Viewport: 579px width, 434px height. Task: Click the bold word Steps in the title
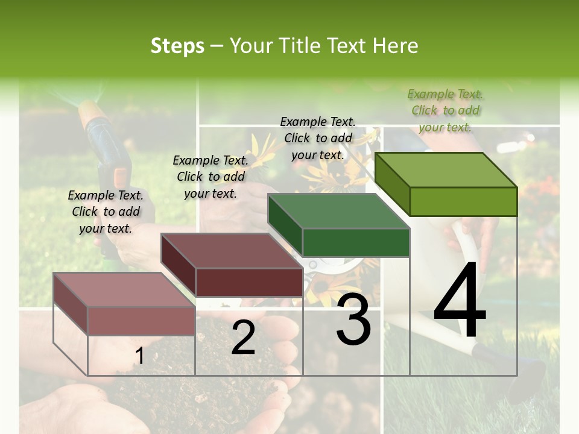click(177, 46)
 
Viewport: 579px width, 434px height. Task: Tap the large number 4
click(460, 303)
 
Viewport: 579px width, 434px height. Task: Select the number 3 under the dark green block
click(353, 320)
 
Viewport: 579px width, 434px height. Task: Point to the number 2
click(243, 338)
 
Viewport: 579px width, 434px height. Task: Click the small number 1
click(139, 356)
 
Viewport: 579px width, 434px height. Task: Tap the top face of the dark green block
click(338, 212)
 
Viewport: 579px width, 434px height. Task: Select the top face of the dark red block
click(232, 251)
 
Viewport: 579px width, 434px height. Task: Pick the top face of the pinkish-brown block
click(124, 290)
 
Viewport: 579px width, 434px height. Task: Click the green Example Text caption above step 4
click(446, 110)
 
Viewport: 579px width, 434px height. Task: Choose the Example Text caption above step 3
click(318, 138)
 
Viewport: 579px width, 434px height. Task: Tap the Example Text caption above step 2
click(210, 177)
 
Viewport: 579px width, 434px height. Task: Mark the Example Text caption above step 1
click(106, 212)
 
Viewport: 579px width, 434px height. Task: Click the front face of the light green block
click(463, 201)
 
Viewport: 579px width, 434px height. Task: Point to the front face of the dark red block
click(248, 282)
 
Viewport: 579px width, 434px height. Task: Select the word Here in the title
click(396, 46)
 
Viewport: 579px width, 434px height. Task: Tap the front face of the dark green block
click(356, 243)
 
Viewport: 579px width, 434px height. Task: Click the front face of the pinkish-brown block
click(141, 321)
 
